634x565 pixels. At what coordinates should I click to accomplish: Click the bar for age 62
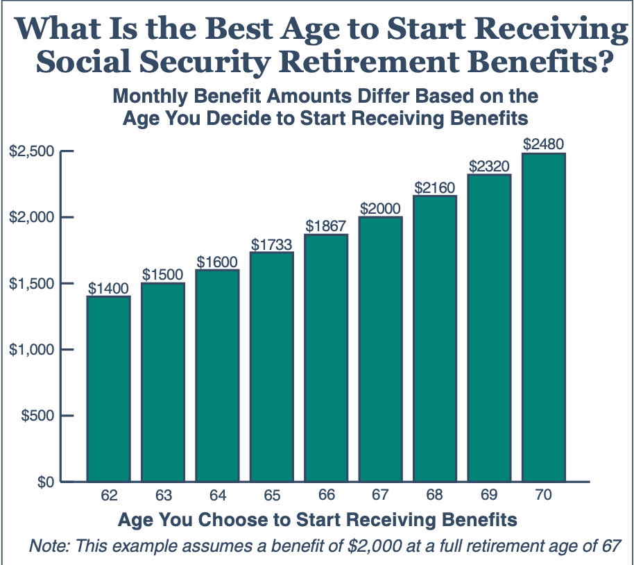point(108,388)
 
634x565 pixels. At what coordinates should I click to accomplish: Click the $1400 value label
point(108,289)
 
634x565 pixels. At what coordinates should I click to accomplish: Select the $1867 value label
point(326,227)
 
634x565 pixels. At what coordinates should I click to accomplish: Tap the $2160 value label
point(434,188)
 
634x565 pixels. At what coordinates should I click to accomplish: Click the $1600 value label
point(217,262)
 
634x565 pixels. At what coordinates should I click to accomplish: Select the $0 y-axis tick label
point(42,482)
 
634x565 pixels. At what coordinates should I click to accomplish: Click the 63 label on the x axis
point(163,496)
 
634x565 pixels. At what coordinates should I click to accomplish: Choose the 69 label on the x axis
point(489,496)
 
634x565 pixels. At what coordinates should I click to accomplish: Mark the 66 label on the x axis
point(326,496)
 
